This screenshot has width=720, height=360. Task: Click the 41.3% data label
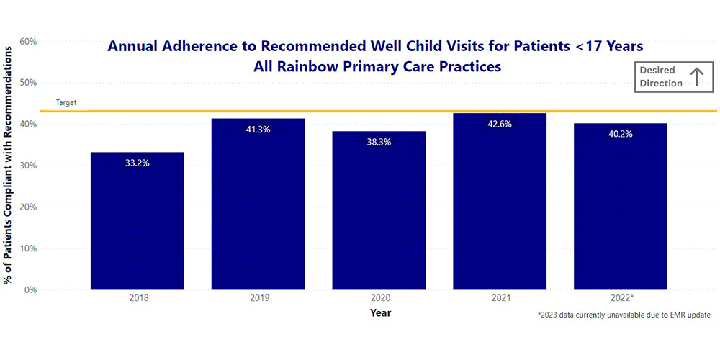coord(258,130)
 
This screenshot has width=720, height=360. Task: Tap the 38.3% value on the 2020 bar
coord(379,143)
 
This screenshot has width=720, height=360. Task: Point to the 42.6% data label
coord(500,125)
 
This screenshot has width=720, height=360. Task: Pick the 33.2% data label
coord(137,163)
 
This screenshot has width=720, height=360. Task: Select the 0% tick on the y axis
coord(30,290)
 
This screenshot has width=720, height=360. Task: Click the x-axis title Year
coord(381,313)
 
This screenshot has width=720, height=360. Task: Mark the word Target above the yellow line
coord(66,103)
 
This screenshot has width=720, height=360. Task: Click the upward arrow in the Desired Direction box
coord(696,77)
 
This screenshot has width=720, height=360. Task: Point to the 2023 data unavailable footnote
coord(624,315)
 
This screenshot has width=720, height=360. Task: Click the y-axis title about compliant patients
coord(9,164)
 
